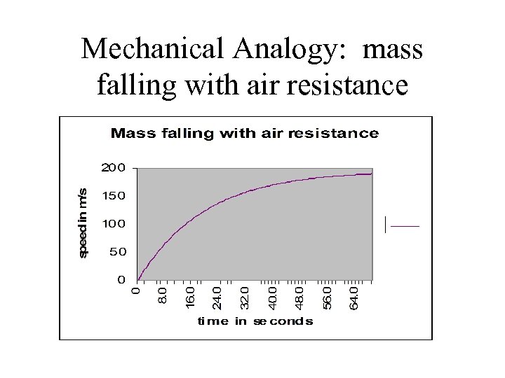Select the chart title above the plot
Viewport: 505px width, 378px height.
coord(244,133)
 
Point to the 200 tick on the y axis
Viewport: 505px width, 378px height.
coord(113,168)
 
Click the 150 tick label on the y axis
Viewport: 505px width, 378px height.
coord(113,196)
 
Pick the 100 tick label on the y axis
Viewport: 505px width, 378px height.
coord(113,224)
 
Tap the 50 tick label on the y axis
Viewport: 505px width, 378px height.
coord(116,251)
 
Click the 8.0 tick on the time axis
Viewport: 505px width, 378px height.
coord(162,293)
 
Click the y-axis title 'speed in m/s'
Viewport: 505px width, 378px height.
coord(83,223)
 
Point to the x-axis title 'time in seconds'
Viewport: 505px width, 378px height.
coord(255,321)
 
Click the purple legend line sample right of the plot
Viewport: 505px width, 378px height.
coord(404,226)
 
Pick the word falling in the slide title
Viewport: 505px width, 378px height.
coord(130,85)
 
